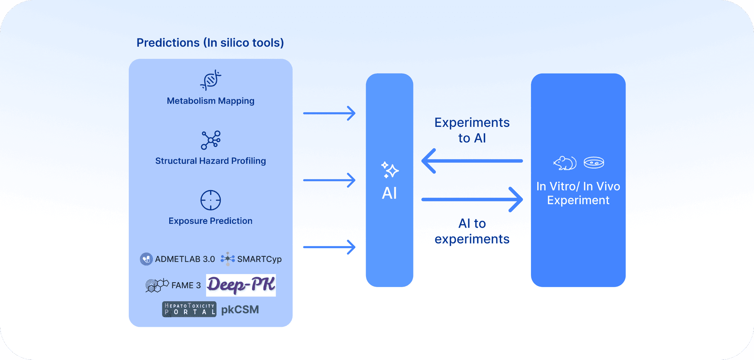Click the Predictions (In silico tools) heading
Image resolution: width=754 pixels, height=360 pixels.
coord(210,42)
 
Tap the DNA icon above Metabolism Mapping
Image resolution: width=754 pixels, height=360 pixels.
coord(210,80)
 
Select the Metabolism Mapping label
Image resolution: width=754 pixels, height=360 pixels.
coord(210,101)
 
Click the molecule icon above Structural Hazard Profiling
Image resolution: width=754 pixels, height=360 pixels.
coord(211,140)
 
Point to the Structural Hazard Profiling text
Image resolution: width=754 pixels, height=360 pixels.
coord(210,161)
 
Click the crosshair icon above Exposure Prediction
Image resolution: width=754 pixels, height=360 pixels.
coord(210,200)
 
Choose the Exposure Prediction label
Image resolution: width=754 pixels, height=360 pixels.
coord(210,221)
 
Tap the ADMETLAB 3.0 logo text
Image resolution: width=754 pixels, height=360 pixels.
coord(185,259)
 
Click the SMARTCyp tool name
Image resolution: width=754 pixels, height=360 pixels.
coord(259,259)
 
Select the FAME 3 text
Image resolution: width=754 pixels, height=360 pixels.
coord(186,285)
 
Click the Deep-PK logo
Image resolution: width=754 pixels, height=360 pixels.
coord(241,285)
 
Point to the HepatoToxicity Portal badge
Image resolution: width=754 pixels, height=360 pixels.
coord(189,309)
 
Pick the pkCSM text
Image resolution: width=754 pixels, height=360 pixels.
coord(240,310)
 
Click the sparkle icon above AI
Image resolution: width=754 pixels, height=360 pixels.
coord(390,170)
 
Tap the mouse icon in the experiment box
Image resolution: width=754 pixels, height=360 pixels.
coord(565,163)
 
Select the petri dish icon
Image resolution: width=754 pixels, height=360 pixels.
coord(594,163)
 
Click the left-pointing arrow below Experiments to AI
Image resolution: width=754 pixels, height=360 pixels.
coord(472,161)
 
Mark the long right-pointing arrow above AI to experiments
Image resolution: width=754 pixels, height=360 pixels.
coord(472,199)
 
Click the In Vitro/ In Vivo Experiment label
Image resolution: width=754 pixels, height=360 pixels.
coord(578,193)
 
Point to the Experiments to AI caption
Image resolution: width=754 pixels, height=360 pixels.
coord(472,130)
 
